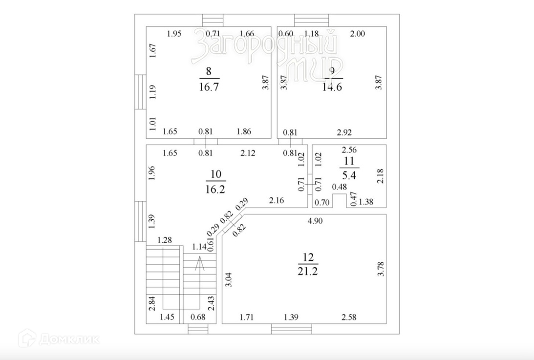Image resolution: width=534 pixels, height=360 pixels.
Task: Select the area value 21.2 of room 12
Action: click(307, 272)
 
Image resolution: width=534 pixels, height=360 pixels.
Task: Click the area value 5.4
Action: click(349, 172)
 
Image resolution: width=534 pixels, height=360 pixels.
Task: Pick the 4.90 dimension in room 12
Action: click(315, 221)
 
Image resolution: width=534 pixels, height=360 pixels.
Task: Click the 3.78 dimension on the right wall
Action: click(382, 270)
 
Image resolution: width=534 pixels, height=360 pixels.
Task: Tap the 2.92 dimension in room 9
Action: click(344, 132)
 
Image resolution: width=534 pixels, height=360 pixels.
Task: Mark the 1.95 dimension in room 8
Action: click(174, 34)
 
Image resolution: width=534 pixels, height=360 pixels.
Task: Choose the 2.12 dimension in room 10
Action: click(248, 153)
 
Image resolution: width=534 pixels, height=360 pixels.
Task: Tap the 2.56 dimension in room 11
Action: click(349, 150)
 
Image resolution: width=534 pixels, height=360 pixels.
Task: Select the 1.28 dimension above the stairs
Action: click(165, 240)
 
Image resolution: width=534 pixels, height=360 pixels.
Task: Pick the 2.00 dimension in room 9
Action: click(358, 34)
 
